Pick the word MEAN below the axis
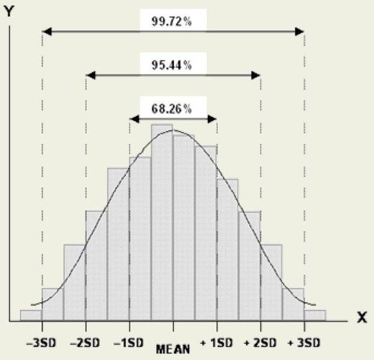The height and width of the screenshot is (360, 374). pyautogui.click(x=173, y=349)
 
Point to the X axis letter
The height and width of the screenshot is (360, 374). pyautogui.click(x=361, y=317)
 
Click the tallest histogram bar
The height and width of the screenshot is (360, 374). pyautogui.click(x=161, y=222)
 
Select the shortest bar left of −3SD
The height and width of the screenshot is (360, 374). pyautogui.click(x=31, y=315)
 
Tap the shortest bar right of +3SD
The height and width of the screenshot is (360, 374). pyautogui.click(x=315, y=315)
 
